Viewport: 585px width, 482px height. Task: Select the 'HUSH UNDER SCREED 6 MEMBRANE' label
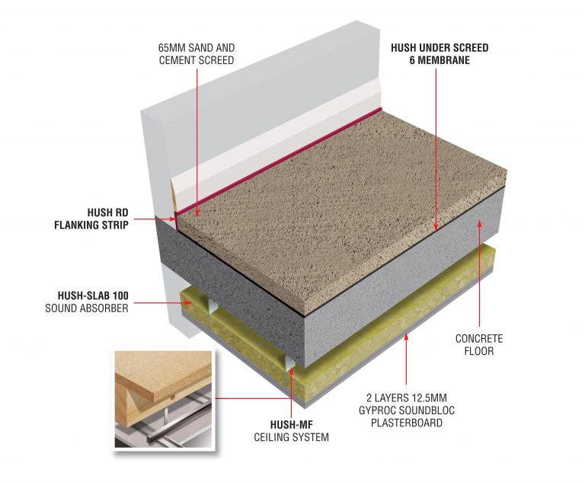440,53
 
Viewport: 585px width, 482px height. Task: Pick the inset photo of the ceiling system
160,397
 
